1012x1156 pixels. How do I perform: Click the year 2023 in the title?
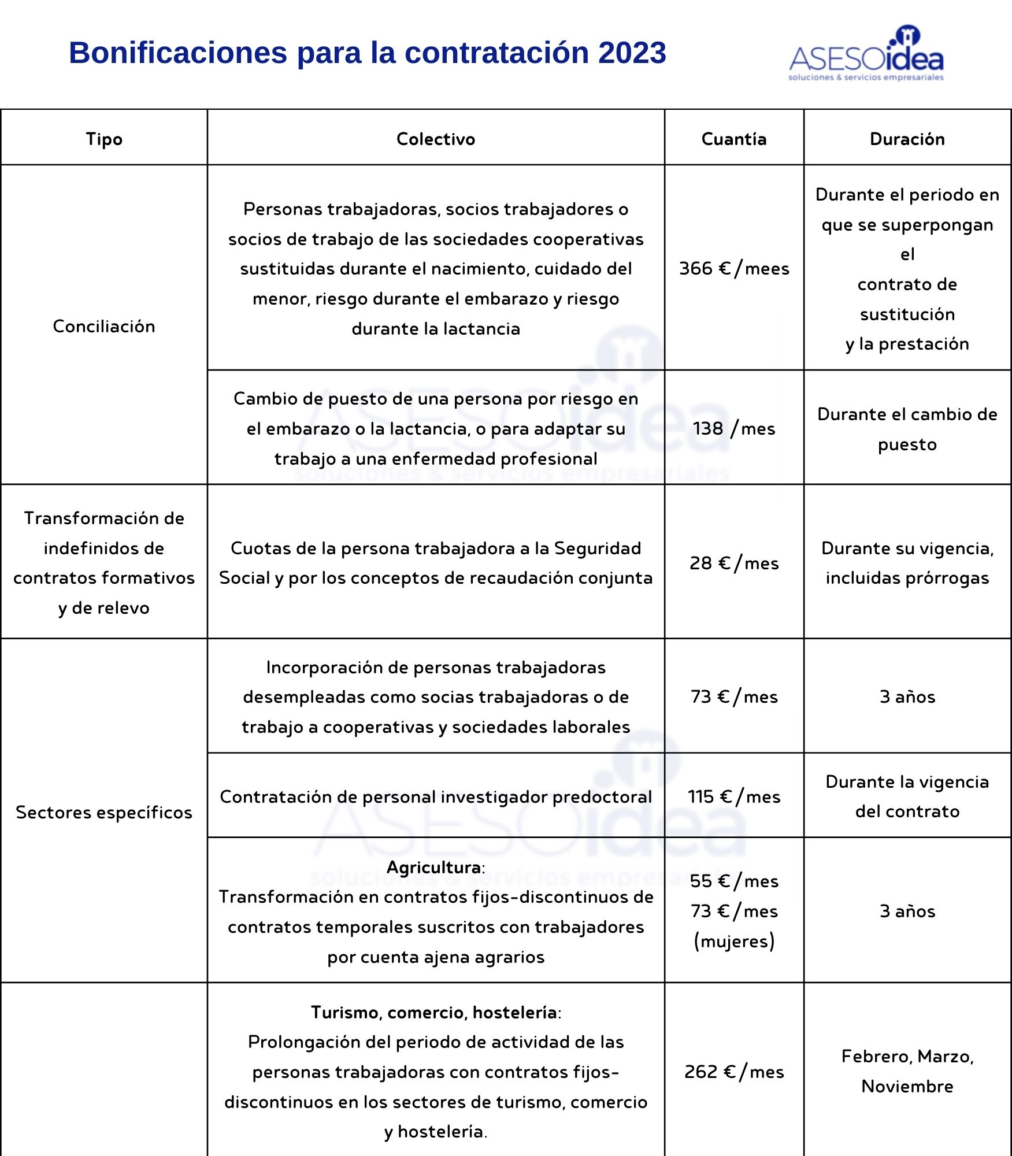click(x=632, y=53)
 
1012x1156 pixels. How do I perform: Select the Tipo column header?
click(x=104, y=139)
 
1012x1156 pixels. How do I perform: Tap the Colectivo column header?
click(x=436, y=139)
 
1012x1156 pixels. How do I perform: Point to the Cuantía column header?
click(x=734, y=139)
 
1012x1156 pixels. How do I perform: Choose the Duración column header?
click(x=907, y=139)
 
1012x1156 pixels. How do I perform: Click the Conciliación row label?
click(x=104, y=327)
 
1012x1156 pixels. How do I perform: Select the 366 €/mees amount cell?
click(x=734, y=269)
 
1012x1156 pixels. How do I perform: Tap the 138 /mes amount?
click(x=734, y=429)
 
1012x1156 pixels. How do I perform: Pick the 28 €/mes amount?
click(x=734, y=564)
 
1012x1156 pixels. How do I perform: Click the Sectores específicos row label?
click(x=104, y=813)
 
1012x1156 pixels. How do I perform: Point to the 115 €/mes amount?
click(x=734, y=797)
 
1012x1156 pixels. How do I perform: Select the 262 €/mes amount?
click(x=734, y=1072)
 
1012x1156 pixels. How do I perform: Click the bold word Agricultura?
click(x=433, y=868)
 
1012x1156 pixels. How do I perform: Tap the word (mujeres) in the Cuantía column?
click(x=734, y=942)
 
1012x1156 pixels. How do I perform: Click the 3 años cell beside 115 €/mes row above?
click(x=907, y=697)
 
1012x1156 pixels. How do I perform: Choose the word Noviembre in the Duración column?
click(x=907, y=1087)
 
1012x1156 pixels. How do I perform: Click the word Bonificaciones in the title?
click(x=178, y=53)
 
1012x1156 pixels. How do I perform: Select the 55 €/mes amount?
click(x=734, y=881)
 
